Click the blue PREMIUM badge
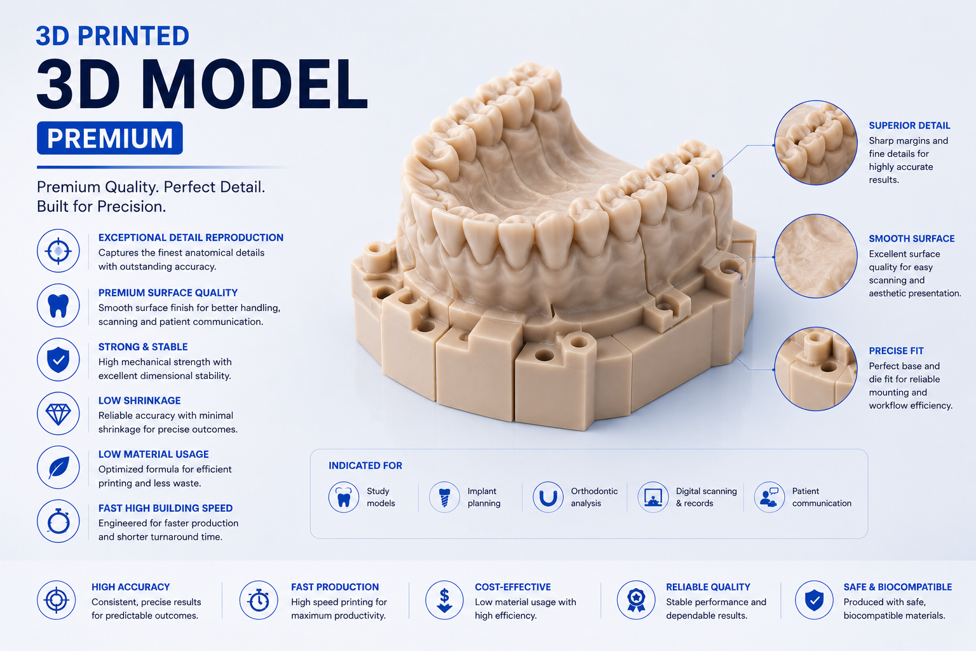110,138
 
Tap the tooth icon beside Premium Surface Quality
58,305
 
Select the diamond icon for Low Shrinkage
58,413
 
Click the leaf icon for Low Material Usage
58,467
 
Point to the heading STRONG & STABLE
143,346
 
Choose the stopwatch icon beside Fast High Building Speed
58,521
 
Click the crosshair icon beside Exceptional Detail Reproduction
58,250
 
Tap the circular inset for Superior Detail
816,143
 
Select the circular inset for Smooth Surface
816,256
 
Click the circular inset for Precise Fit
816,369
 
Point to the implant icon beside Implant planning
444,497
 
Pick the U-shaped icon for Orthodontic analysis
548,497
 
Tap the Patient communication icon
769,497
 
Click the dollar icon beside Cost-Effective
444,600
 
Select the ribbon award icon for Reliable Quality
636,600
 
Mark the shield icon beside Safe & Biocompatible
814,600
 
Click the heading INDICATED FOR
365,466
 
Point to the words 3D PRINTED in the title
112,36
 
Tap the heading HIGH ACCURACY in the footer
131,587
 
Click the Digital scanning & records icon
653,497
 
